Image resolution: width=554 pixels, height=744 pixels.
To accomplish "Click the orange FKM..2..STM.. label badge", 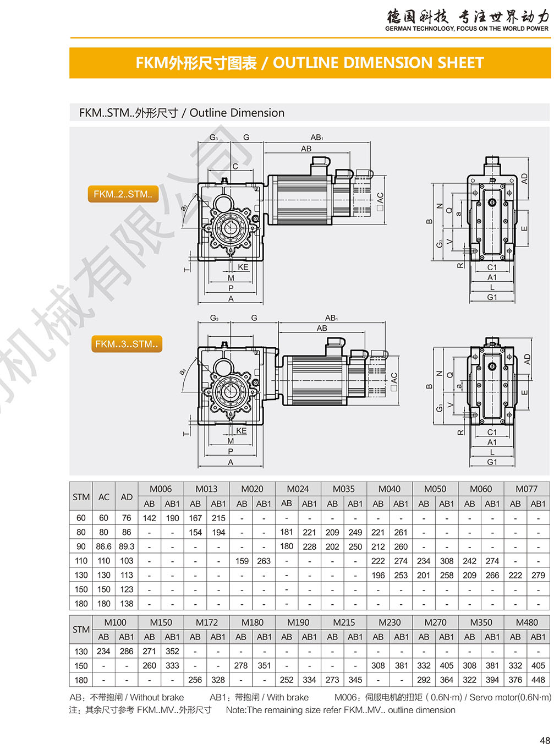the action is pos(123,194).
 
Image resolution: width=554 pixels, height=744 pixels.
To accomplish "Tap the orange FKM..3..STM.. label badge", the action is pos(127,344).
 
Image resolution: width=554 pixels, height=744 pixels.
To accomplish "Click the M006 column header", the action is pos(161,489).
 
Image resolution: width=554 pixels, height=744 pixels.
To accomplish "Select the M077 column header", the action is pos(526,489).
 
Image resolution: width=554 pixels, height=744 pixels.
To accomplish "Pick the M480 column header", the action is pos(526,622).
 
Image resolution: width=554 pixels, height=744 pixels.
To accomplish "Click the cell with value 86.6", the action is pos(103,546).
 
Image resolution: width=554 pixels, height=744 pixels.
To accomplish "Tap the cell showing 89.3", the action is pos(127,546).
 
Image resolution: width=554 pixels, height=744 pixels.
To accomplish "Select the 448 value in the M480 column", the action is pos(538,680).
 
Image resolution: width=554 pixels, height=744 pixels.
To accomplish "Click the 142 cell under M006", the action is pos(149,518).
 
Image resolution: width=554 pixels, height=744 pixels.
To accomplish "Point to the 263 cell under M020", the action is pos(264,561).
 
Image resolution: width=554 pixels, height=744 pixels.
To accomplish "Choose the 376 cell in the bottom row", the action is pos(515,680).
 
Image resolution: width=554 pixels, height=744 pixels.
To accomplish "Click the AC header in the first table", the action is pos(103,497).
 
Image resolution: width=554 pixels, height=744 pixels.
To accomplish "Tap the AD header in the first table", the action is pos(127,497).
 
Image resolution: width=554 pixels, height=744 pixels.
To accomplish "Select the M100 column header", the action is pos(115,622).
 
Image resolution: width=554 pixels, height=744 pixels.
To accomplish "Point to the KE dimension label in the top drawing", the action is pos(243,267).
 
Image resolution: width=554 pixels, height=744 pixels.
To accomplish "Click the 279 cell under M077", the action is pos(538,575).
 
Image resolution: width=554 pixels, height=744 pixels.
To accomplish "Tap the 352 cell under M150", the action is pos(172,651).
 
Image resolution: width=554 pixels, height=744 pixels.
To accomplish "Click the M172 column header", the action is pos(206,622).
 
